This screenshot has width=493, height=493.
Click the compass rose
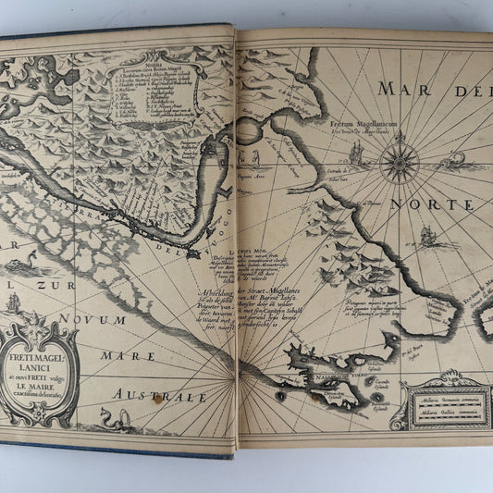399,159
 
